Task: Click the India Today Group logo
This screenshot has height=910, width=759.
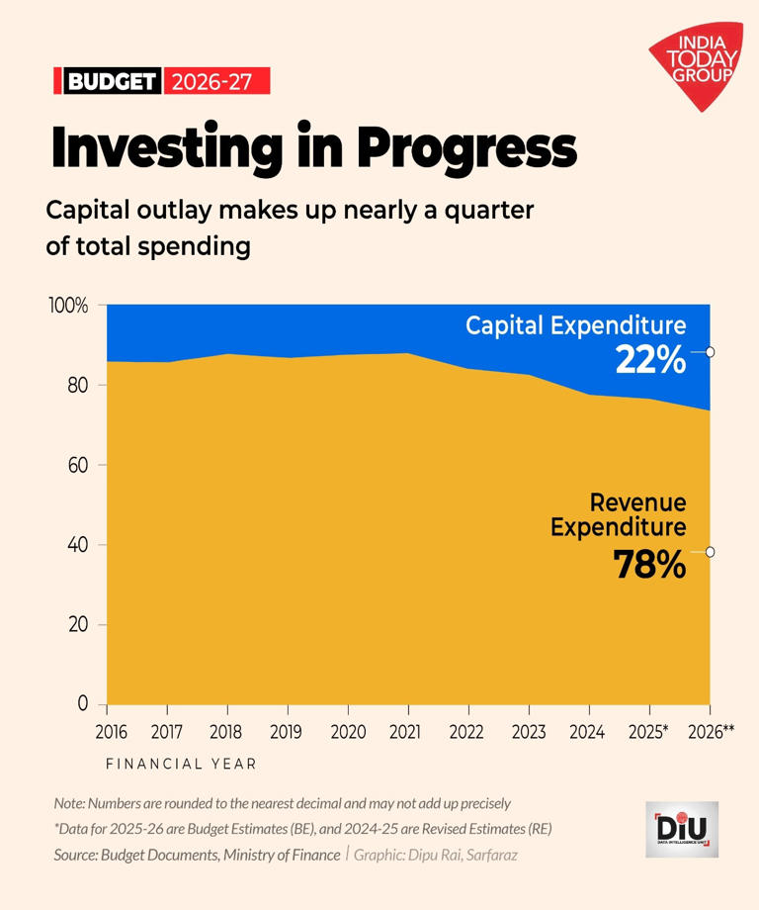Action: click(696, 64)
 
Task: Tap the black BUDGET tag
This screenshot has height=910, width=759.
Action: click(111, 81)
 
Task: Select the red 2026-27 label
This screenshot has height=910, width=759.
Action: click(214, 81)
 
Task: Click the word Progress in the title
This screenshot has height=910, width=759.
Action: click(465, 149)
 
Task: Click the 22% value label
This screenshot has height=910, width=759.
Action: click(650, 361)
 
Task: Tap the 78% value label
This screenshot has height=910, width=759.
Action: click(649, 564)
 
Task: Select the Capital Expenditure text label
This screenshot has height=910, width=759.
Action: click(576, 325)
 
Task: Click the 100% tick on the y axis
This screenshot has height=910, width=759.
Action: click(68, 306)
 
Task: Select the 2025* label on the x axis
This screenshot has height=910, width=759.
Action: click(649, 732)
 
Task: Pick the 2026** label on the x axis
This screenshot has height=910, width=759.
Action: click(710, 732)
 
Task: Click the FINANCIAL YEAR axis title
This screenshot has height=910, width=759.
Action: click(181, 764)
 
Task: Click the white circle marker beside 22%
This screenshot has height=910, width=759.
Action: click(710, 352)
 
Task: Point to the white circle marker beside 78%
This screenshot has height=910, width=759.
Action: click(710, 552)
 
